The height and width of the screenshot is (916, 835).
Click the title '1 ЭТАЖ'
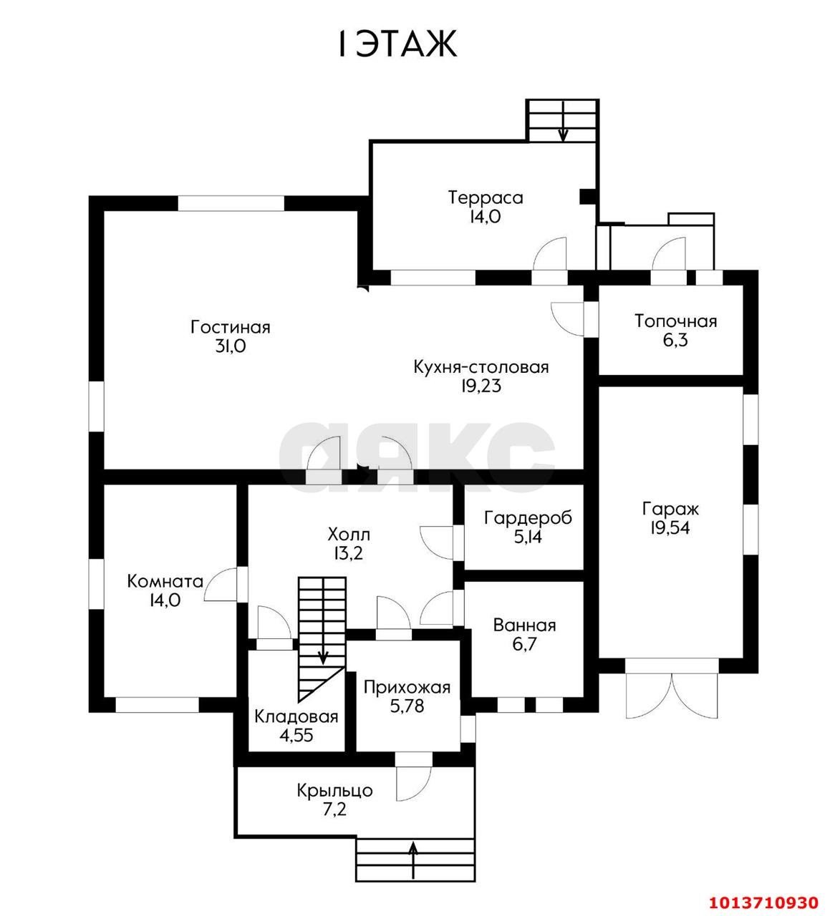(x=396, y=44)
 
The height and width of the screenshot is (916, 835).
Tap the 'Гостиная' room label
(x=230, y=327)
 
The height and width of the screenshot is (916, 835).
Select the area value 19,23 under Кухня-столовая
(x=481, y=386)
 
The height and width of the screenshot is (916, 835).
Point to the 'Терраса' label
(x=486, y=198)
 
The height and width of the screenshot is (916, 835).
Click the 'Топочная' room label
(x=675, y=321)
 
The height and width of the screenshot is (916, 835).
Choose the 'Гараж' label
(x=670, y=510)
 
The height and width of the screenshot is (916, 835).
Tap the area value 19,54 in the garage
(x=670, y=529)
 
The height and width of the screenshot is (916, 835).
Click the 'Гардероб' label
(x=528, y=517)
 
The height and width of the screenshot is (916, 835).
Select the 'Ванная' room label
(x=524, y=625)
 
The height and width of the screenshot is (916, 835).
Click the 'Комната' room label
(x=165, y=581)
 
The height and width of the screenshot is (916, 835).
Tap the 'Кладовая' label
(x=296, y=716)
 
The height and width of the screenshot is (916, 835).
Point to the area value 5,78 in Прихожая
(x=407, y=707)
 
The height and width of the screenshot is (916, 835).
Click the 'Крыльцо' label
(x=335, y=791)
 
